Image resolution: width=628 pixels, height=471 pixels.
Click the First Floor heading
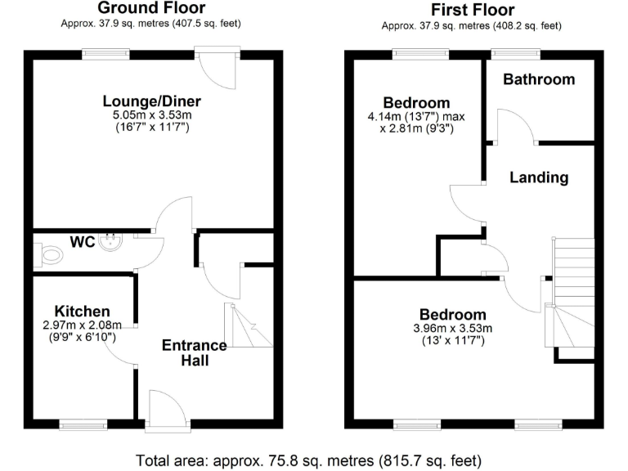click(472, 10)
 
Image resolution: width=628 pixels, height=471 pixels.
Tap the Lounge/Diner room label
click(151, 101)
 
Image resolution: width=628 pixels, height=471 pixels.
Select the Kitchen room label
click(82, 312)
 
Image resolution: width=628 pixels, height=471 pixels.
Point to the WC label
click(82, 243)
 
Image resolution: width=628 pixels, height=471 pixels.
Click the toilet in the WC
click(50, 255)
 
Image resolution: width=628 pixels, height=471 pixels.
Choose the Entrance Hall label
click(195, 352)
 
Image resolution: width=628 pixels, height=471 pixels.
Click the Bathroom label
click(538, 79)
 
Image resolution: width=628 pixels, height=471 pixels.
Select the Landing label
click(538, 177)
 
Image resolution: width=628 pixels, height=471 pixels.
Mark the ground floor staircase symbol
click(248, 325)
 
